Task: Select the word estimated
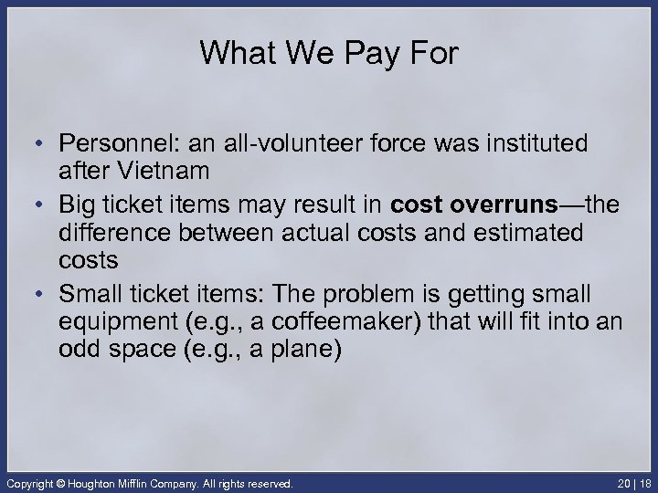[x=526, y=233]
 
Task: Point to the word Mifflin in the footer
[x=147, y=481]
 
